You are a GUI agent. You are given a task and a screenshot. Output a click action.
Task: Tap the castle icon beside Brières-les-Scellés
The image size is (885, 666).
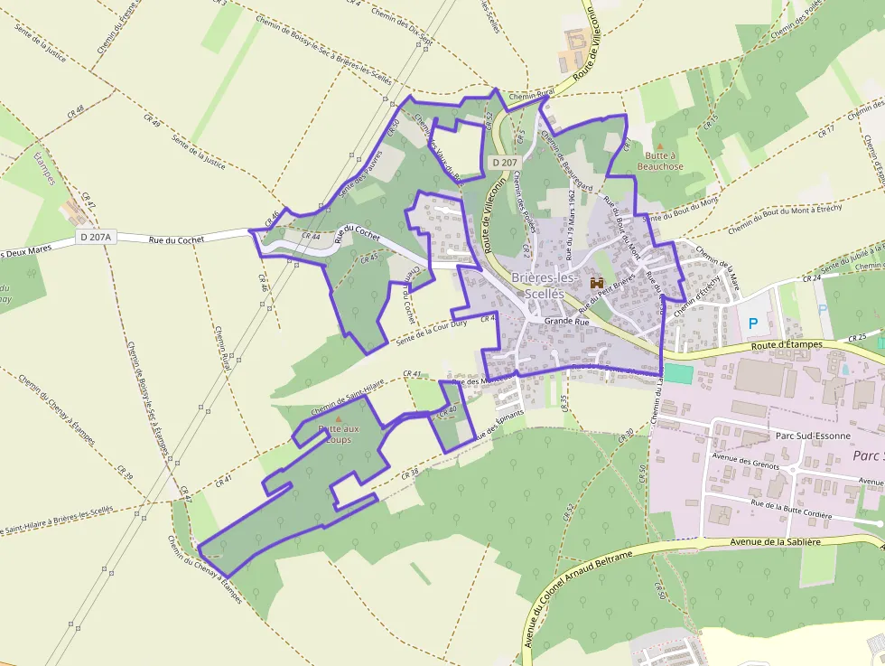[596, 283]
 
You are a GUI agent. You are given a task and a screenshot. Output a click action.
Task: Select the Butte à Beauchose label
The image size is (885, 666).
[660, 161]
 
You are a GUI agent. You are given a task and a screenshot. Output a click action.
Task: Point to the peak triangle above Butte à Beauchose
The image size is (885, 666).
[660, 145]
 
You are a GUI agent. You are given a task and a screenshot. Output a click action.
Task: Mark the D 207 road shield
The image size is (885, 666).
[505, 162]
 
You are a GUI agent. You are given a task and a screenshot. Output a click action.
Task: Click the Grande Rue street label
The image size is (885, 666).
[566, 321]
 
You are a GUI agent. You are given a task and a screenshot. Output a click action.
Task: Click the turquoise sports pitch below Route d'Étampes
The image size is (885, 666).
[677, 372]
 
